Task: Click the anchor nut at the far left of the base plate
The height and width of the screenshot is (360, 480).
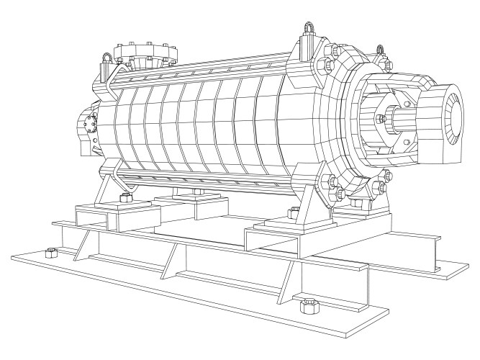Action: pos(50,253)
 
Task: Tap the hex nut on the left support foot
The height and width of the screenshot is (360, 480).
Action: pos(127,196)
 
